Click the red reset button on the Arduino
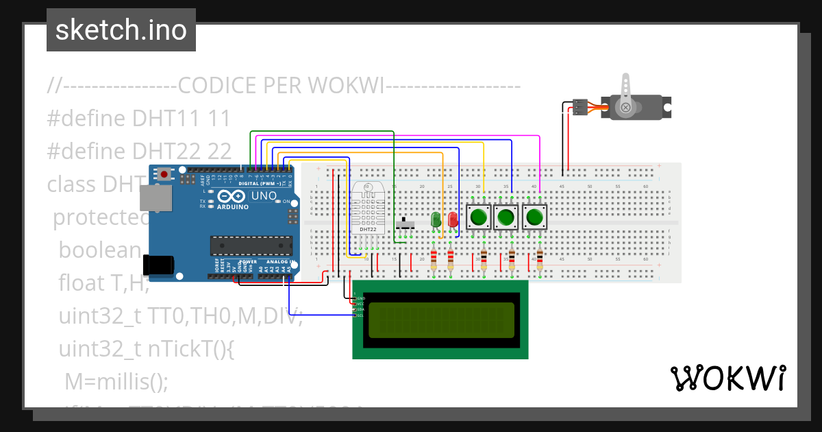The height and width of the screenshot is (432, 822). point(164,175)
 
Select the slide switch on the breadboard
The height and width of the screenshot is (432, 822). point(406,224)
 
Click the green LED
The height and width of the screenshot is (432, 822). point(435,220)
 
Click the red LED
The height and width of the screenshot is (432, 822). point(452,220)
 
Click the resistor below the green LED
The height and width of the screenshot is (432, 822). point(434,261)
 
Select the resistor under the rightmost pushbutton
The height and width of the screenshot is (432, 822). point(540,261)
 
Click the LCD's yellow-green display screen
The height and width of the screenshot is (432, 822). point(441,320)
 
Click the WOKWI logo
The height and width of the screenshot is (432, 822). point(727,378)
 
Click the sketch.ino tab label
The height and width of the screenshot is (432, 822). point(121,30)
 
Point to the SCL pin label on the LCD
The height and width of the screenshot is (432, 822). point(359,315)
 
